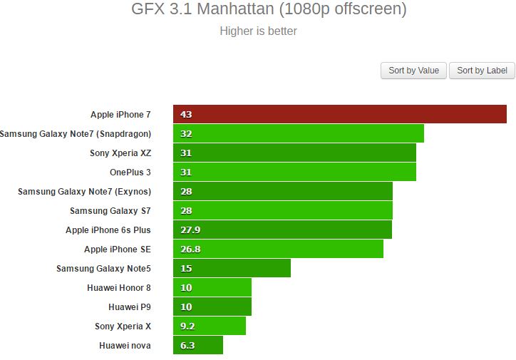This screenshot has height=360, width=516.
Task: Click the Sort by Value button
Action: tap(413, 71)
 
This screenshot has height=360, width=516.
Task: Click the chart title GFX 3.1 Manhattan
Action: tap(269, 10)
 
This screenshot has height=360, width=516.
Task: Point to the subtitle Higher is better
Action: tap(258, 31)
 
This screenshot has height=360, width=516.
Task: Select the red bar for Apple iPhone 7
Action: tap(339, 114)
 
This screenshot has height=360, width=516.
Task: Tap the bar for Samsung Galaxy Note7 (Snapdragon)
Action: tap(298, 133)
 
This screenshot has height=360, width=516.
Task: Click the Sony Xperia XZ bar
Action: tap(294, 153)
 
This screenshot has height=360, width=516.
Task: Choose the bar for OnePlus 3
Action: tap(294, 172)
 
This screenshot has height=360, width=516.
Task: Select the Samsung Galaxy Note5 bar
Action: tap(232, 268)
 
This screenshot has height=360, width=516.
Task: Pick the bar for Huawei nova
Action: tap(198, 345)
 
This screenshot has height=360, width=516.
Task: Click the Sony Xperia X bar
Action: tap(210, 326)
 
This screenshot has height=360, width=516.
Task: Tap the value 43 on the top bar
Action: tap(186, 114)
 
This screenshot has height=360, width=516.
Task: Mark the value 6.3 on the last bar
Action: tap(187, 345)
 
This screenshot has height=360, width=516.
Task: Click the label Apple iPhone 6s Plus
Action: tap(108, 230)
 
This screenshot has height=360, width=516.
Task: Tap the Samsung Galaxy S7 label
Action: tap(110, 210)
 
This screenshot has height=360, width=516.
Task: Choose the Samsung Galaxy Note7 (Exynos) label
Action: tap(84, 191)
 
